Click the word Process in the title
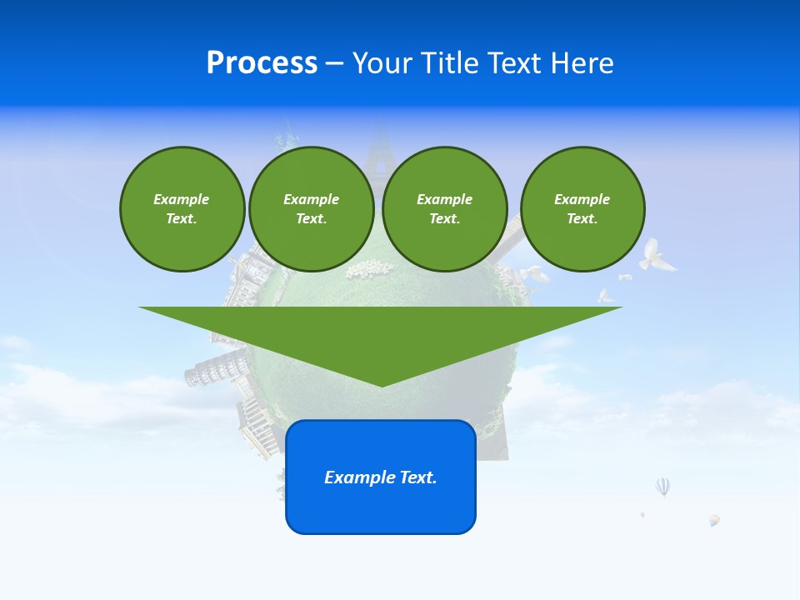click(262, 63)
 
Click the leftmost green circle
click(182, 209)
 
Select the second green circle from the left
click(311, 209)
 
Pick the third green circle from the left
click(444, 209)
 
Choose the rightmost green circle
click(582, 209)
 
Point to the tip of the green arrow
click(381, 385)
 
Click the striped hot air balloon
click(662, 487)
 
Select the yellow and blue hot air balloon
click(714, 520)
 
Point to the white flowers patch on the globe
click(369, 269)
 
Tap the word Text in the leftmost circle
click(180, 219)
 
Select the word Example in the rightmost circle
click(582, 199)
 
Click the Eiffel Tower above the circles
click(380, 146)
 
